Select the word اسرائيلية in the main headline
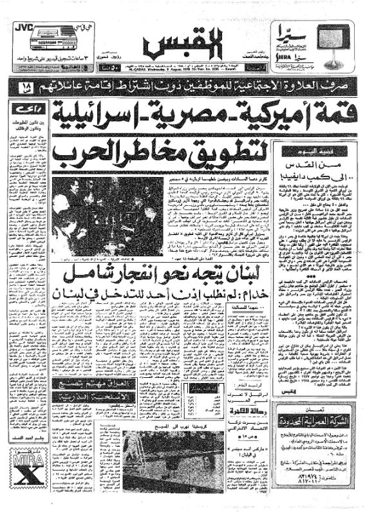100,113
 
